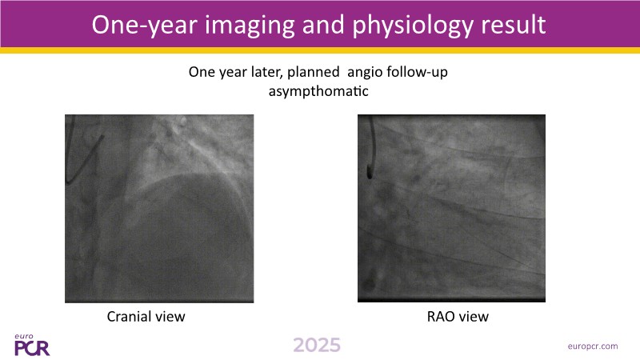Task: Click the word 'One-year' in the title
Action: [145, 26]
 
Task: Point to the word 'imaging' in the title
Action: [250, 26]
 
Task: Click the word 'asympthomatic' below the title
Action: [318, 90]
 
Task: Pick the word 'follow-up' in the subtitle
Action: [417, 72]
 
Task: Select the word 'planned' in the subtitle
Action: [314, 72]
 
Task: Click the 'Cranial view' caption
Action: [146, 316]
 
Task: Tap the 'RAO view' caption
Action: [458, 316]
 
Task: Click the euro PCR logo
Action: [32, 345]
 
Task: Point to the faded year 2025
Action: [317, 345]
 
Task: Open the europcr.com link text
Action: [593, 346]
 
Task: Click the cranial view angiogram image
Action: [159, 209]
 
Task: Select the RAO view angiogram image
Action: [451, 209]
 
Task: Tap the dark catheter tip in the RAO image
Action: [370, 174]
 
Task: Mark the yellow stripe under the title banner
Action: [320, 50]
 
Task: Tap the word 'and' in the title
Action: [323, 25]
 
